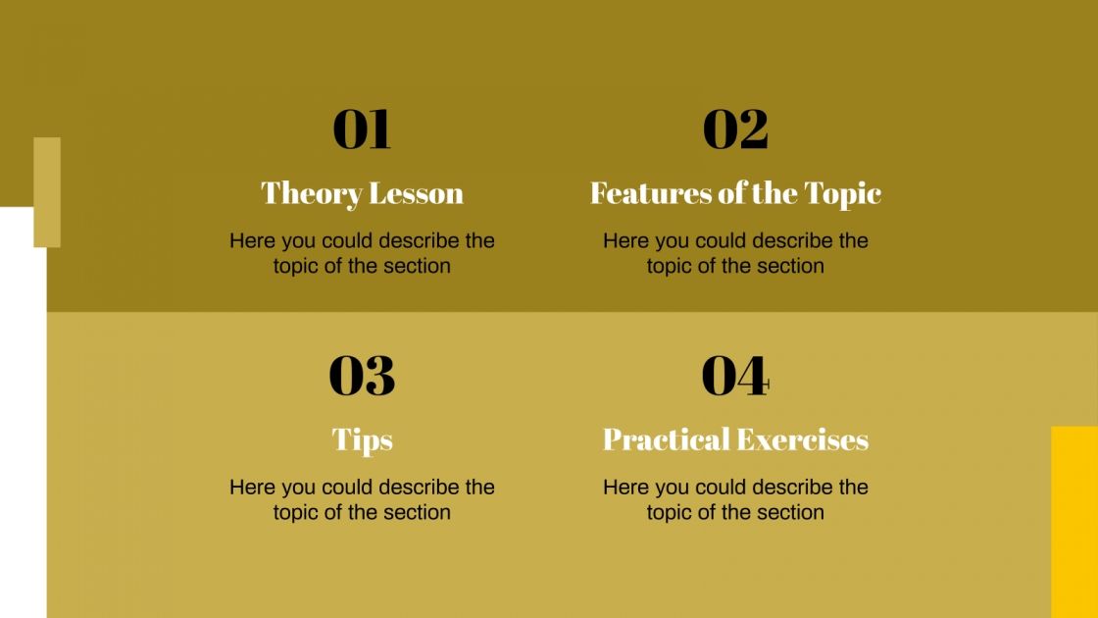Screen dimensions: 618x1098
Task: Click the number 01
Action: tap(362, 129)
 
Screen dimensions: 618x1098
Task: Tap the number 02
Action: tap(735, 129)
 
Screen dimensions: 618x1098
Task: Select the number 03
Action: tap(362, 376)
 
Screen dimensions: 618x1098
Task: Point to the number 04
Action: tap(735, 376)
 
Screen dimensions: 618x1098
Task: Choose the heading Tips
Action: tap(362, 439)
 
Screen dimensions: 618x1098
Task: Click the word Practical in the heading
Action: tap(665, 439)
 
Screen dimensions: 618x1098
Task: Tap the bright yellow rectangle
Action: tap(1073, 520)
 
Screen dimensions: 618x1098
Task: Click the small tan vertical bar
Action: tap(47, 191)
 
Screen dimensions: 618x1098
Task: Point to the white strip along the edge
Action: tap(23, 412)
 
